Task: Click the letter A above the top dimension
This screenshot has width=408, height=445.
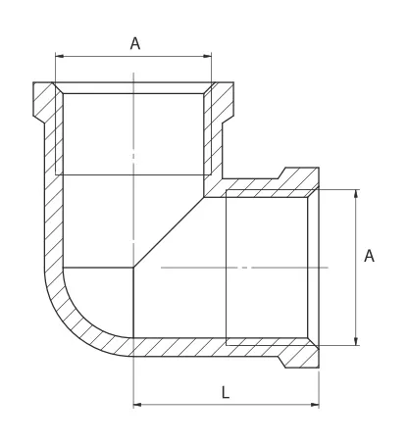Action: pyautogui.click(x=135, y=43)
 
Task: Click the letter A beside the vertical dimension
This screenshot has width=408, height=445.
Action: pyautogui.click(x=369, y=256)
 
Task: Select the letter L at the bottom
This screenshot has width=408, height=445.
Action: pyautogui.click(x=226, y=392)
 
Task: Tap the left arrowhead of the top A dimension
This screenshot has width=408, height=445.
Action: pyautogui.click(x=60, y=56)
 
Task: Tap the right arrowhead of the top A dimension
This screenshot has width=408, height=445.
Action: pyautogui.click(x=207, y=56)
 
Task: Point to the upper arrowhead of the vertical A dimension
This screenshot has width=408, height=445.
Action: pyautogui.click(x=356, y=193)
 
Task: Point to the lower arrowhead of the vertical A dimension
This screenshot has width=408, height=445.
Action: pyautogui.click(x=356, y=341)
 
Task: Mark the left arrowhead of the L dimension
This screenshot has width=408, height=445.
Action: pyautogui.click(x=137, y=405)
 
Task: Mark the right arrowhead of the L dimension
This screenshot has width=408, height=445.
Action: pyautogui.click(x=315, y=405)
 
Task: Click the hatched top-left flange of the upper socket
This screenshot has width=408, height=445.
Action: pyautogui.click(x=44, y=101)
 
